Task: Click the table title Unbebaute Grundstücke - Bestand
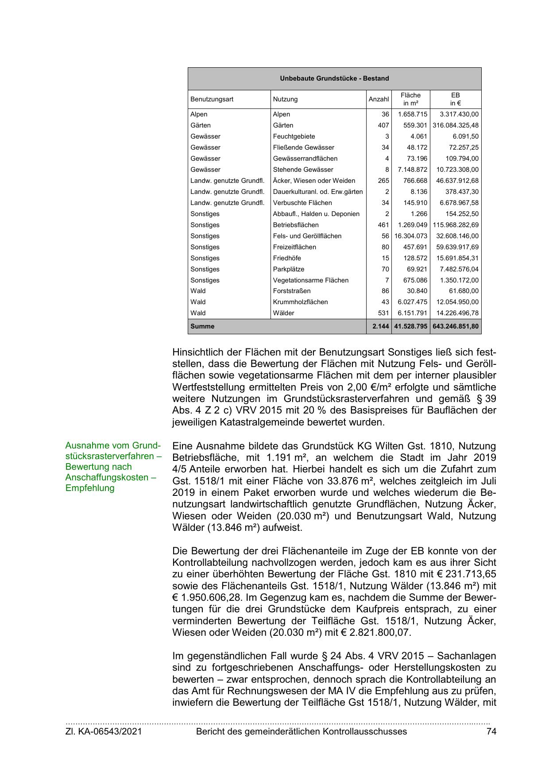coord(334,78)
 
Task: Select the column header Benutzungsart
coord(212,99)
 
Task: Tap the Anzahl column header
coord(379,99)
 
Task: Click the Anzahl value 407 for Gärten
coord(383,125)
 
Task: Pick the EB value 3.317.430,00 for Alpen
coord(459,114)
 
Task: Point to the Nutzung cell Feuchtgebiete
coord(294,136)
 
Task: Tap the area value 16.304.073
coord(411,236)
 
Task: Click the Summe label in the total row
coord(202,326)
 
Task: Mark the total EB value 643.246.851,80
coord(456,326)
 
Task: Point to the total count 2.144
coord(380,326)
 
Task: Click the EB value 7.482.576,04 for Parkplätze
coord(459,269)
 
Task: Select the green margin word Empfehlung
coord(90,488)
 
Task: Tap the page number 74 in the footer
coord(491,731)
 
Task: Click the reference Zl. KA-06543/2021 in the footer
coord(104,731)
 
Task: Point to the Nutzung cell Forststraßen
coord(292,291)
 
